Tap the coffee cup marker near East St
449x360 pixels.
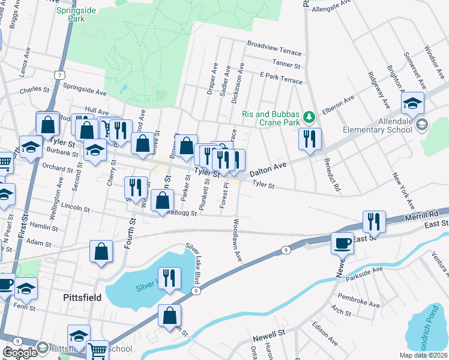(x=342, y=243)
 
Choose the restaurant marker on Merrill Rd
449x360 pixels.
(x=374, y=221)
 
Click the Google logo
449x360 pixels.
(x=20, y=353)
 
